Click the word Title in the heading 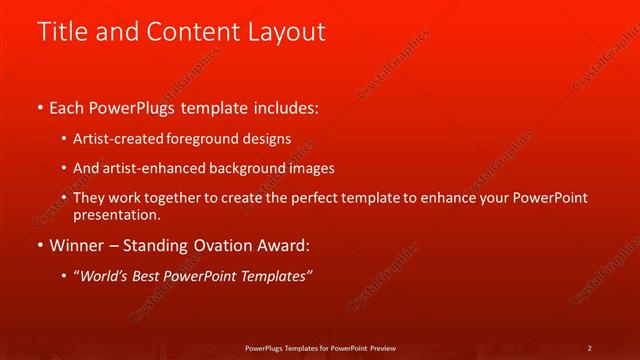62,32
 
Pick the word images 312,168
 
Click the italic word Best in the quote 145,277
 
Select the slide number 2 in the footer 590,348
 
